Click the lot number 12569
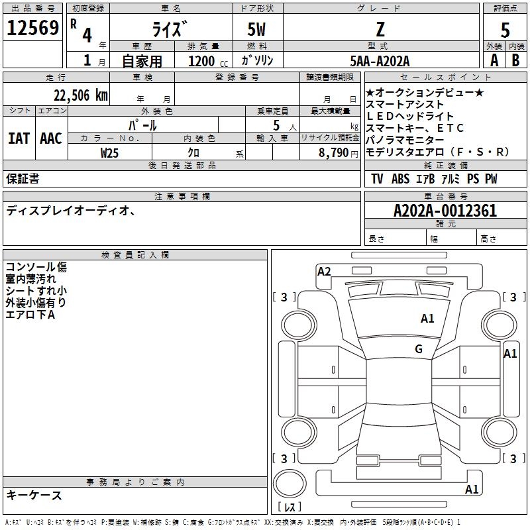point(32,28)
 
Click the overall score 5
point(505,30)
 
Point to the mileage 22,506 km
point(79,95)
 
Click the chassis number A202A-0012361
point(445,211)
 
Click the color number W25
point(110,152)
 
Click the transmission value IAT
point(19,138)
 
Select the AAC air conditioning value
point(51,138)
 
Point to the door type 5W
point(258,29)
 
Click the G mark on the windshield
point(419,349)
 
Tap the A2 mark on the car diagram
point(324,271)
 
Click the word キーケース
point(34,495)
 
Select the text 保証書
point(23,178)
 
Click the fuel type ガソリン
point(258,60)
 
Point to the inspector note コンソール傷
point(36,267)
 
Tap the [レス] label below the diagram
point(289,507)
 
